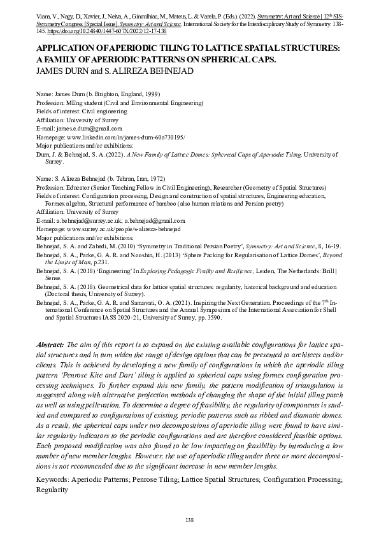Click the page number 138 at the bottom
pos(189,521)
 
